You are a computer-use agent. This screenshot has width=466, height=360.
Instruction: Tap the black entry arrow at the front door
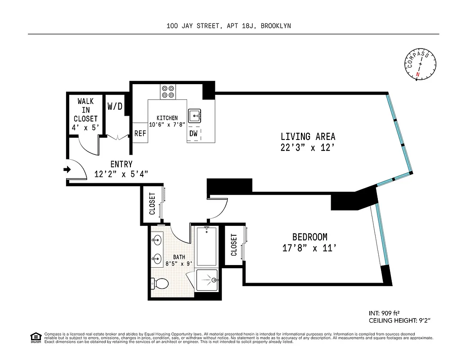tap(67, 170)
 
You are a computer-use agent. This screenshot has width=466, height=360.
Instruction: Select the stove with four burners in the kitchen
tap(168, 92)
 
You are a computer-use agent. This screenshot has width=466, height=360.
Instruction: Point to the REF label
tap(140, 134)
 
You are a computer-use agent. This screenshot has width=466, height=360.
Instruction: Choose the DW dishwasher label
tap(193, 134)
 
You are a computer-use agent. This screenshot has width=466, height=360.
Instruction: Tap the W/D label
tap(114, 107)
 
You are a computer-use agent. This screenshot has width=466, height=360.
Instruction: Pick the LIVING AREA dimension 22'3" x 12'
tap(308, 147)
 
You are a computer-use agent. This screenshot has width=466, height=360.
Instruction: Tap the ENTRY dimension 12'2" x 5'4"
tap(121, 174)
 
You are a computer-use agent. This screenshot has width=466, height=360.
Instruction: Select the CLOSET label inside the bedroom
tap(234, 245)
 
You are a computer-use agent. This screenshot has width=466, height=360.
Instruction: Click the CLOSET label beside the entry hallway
tap(152, 203)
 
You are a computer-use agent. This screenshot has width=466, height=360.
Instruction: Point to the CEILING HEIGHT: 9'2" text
tap(399, 320)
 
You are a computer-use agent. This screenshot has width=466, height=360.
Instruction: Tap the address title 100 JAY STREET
tap(194, 26)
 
